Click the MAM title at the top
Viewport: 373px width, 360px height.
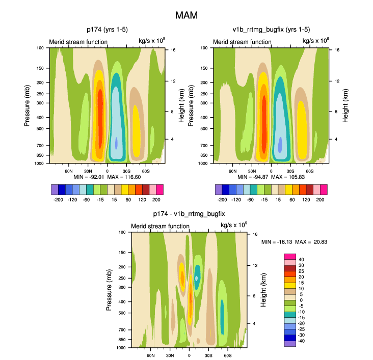coord(186,15)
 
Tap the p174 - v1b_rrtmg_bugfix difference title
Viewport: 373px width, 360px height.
coord(189,214)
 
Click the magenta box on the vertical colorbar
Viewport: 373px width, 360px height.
coord(289,256)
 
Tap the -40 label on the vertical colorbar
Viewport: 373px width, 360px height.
coord(302,341)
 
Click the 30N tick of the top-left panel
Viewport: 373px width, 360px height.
coord(88,171)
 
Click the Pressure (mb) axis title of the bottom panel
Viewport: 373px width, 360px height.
coord(110,290)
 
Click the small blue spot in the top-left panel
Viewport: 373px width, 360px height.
coord(116,143)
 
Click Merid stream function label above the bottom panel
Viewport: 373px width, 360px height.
coord(160,226)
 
